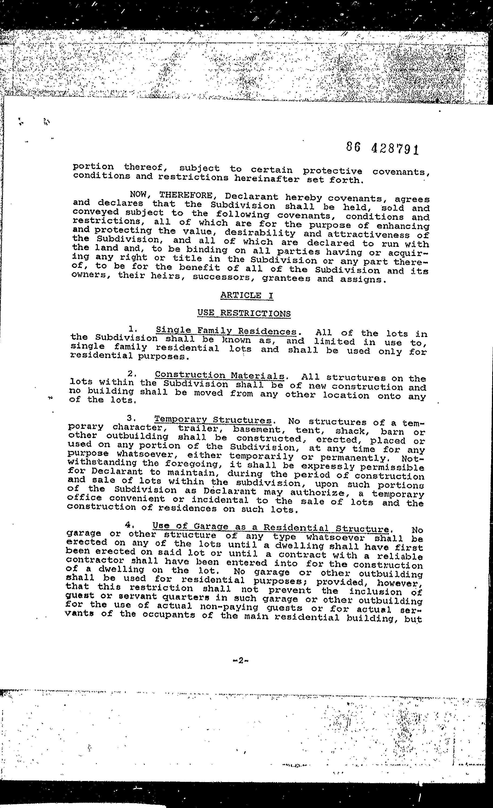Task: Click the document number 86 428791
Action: (x=383, y=149)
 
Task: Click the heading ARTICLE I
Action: (x=247, y=295)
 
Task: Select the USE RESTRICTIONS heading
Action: (x=244, y=313)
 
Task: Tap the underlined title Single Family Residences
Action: (x=226, y=331)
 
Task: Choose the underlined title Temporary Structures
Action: (x=213, y=420)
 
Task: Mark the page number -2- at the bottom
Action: (x=240, y=660)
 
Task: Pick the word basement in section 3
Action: (x=256, y=429)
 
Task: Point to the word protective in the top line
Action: (x=332, y=171)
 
